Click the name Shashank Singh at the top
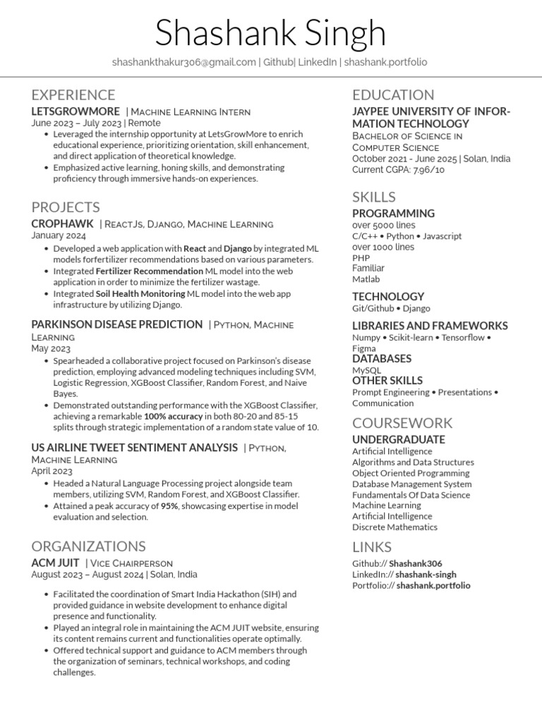tap(270, 34)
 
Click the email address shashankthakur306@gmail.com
tap(183, 62)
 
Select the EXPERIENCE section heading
tap(73, 94)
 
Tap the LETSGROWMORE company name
tap(76, 111)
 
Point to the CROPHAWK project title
tap(62, 224)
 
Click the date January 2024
tap(59, 235)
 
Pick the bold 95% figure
tap(169, 506)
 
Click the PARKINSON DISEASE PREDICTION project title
tap(116, 324)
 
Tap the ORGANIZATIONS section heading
tap(88, 546)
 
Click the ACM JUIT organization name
tap(55, 563)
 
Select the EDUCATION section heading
tap(393, 94)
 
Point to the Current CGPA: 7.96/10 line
tap(399, 170)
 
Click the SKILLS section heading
tap(374, 197)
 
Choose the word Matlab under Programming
tap(366, 279)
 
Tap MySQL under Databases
tap(366, 370)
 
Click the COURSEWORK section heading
tap(402, 422)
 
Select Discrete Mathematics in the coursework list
tap(395, 527)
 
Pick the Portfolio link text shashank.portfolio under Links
tap(433, 585)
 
